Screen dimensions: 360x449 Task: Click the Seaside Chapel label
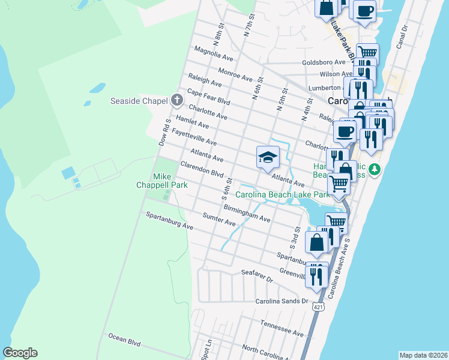pyautogui.click(x=137, y=100)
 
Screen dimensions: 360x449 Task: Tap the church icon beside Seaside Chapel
pyautogui.click(x=176, y=100)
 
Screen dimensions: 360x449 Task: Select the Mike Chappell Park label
pyautogui.click(x=170, y=181)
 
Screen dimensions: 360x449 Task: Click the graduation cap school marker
pyautogui.click(x=268, y=158)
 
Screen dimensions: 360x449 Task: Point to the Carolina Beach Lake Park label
pyautogui.click(x=282, y=194)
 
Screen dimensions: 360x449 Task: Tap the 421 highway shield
pyautogui.click(x=316, y=307)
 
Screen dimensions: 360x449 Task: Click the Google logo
pyautogui.click(x=20, y=353)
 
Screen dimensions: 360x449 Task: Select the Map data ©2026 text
pyautogui.click(x=423, y=355)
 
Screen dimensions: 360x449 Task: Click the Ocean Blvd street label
pyautogui.click(x=124, y=341)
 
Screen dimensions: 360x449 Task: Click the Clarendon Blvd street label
pyautogui.click(x=202, y=170)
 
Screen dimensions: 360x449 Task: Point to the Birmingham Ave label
pyautogui.click(x=247, y=214)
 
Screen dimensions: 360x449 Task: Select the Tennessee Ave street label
pyautogui.click(x=282, y=328)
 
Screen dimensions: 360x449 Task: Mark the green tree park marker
pyautogui.click(x=375, y=170)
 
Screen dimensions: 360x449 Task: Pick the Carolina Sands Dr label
pyautogui.click(x=282, y=301)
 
